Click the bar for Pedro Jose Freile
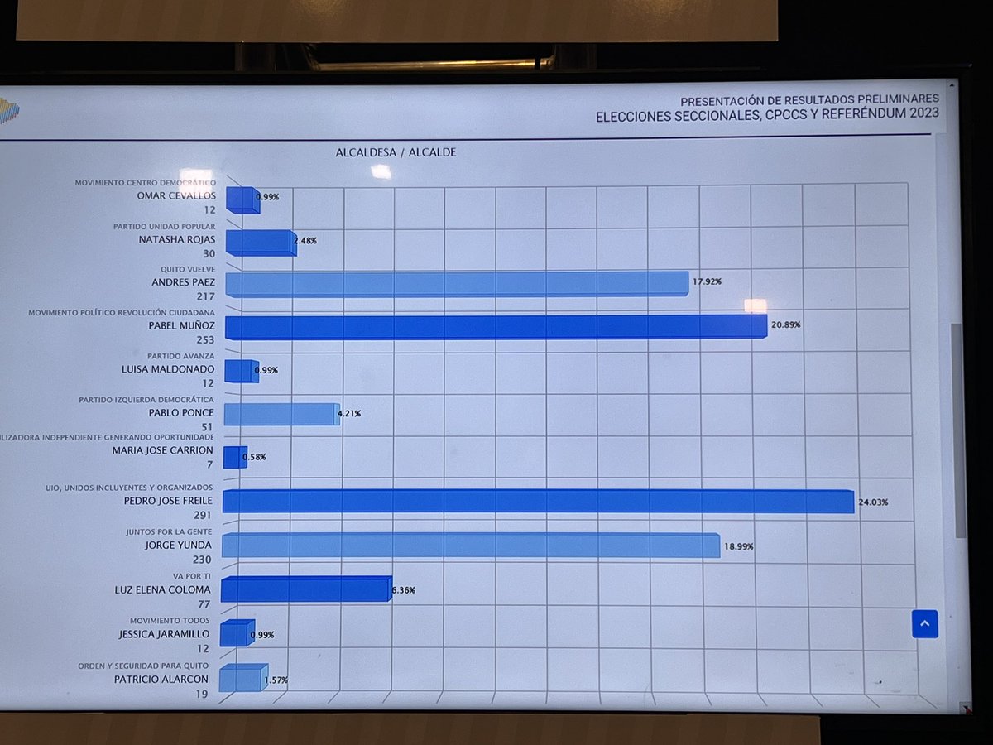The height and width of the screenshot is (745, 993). coord(538,502)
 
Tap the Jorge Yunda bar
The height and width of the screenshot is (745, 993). coord(470,546)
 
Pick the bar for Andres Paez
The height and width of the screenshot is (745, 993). coord(457,283)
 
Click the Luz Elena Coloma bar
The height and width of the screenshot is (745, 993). coord(305,589)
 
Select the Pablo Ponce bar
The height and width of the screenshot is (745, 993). coord(281,414)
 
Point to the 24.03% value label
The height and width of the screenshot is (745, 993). coord(873,502)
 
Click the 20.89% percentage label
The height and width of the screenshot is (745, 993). coord(786,325)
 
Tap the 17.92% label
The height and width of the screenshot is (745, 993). coord(706,281)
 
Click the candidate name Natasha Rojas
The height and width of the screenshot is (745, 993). coord(176,239)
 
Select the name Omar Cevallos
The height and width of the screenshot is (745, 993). coord(176,195)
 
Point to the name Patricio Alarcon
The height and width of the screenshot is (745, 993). coord(162,679)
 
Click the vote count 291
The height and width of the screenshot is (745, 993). coord(203,515)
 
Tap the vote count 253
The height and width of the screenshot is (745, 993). coord(205,340)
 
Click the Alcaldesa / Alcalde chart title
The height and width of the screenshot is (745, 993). coord(396,153)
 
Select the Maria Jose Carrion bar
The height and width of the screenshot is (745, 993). coord(235,458)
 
